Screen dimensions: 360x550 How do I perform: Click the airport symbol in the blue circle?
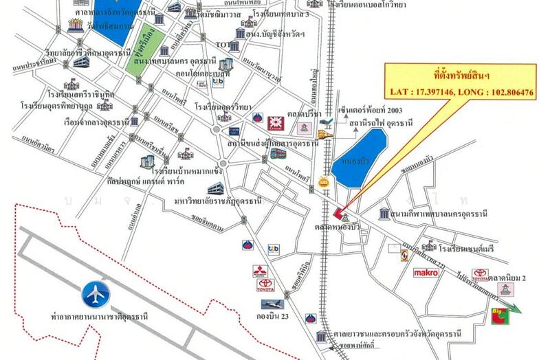coord(96,295)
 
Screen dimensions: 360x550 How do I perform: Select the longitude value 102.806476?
coord(505,91)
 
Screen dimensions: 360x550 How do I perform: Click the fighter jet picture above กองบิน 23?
coord(273,303)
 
